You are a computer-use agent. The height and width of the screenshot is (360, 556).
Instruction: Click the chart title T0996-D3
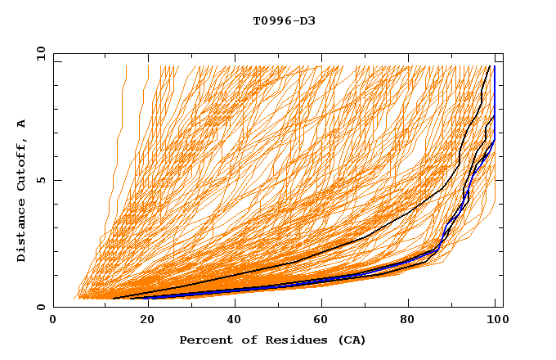coord(284,20)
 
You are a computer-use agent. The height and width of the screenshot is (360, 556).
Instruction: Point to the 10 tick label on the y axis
coord(40,52)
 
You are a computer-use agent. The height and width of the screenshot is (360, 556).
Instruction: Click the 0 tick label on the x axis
coord(53,322)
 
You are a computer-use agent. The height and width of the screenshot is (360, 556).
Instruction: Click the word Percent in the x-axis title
coord(204,340)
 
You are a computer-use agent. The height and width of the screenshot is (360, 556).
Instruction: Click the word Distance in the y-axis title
coord(21,232)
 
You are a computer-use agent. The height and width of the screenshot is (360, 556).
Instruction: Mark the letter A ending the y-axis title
coord(21,123)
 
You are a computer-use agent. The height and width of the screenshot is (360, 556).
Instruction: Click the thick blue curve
coord(245,289)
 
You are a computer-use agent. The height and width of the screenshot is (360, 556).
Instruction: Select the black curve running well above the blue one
coord(327,251)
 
